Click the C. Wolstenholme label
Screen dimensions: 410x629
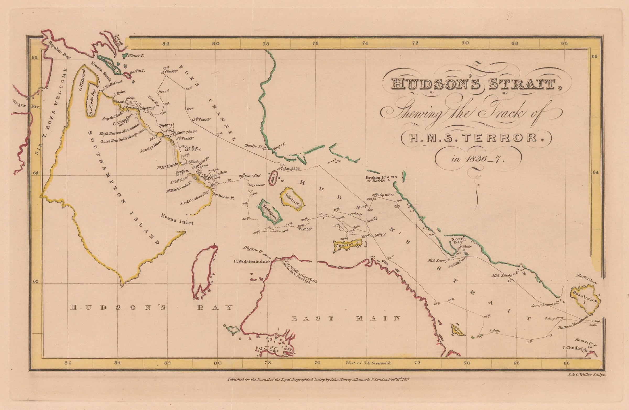tap(252, 261)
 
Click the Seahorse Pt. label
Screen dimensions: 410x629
tap(224, 197)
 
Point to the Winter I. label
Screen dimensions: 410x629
tap(135, 56)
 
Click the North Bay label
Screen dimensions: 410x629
tap(459, 241)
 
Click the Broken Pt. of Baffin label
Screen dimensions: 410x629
tap(376, 179)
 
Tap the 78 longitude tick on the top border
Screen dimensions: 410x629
tap(265, 44)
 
